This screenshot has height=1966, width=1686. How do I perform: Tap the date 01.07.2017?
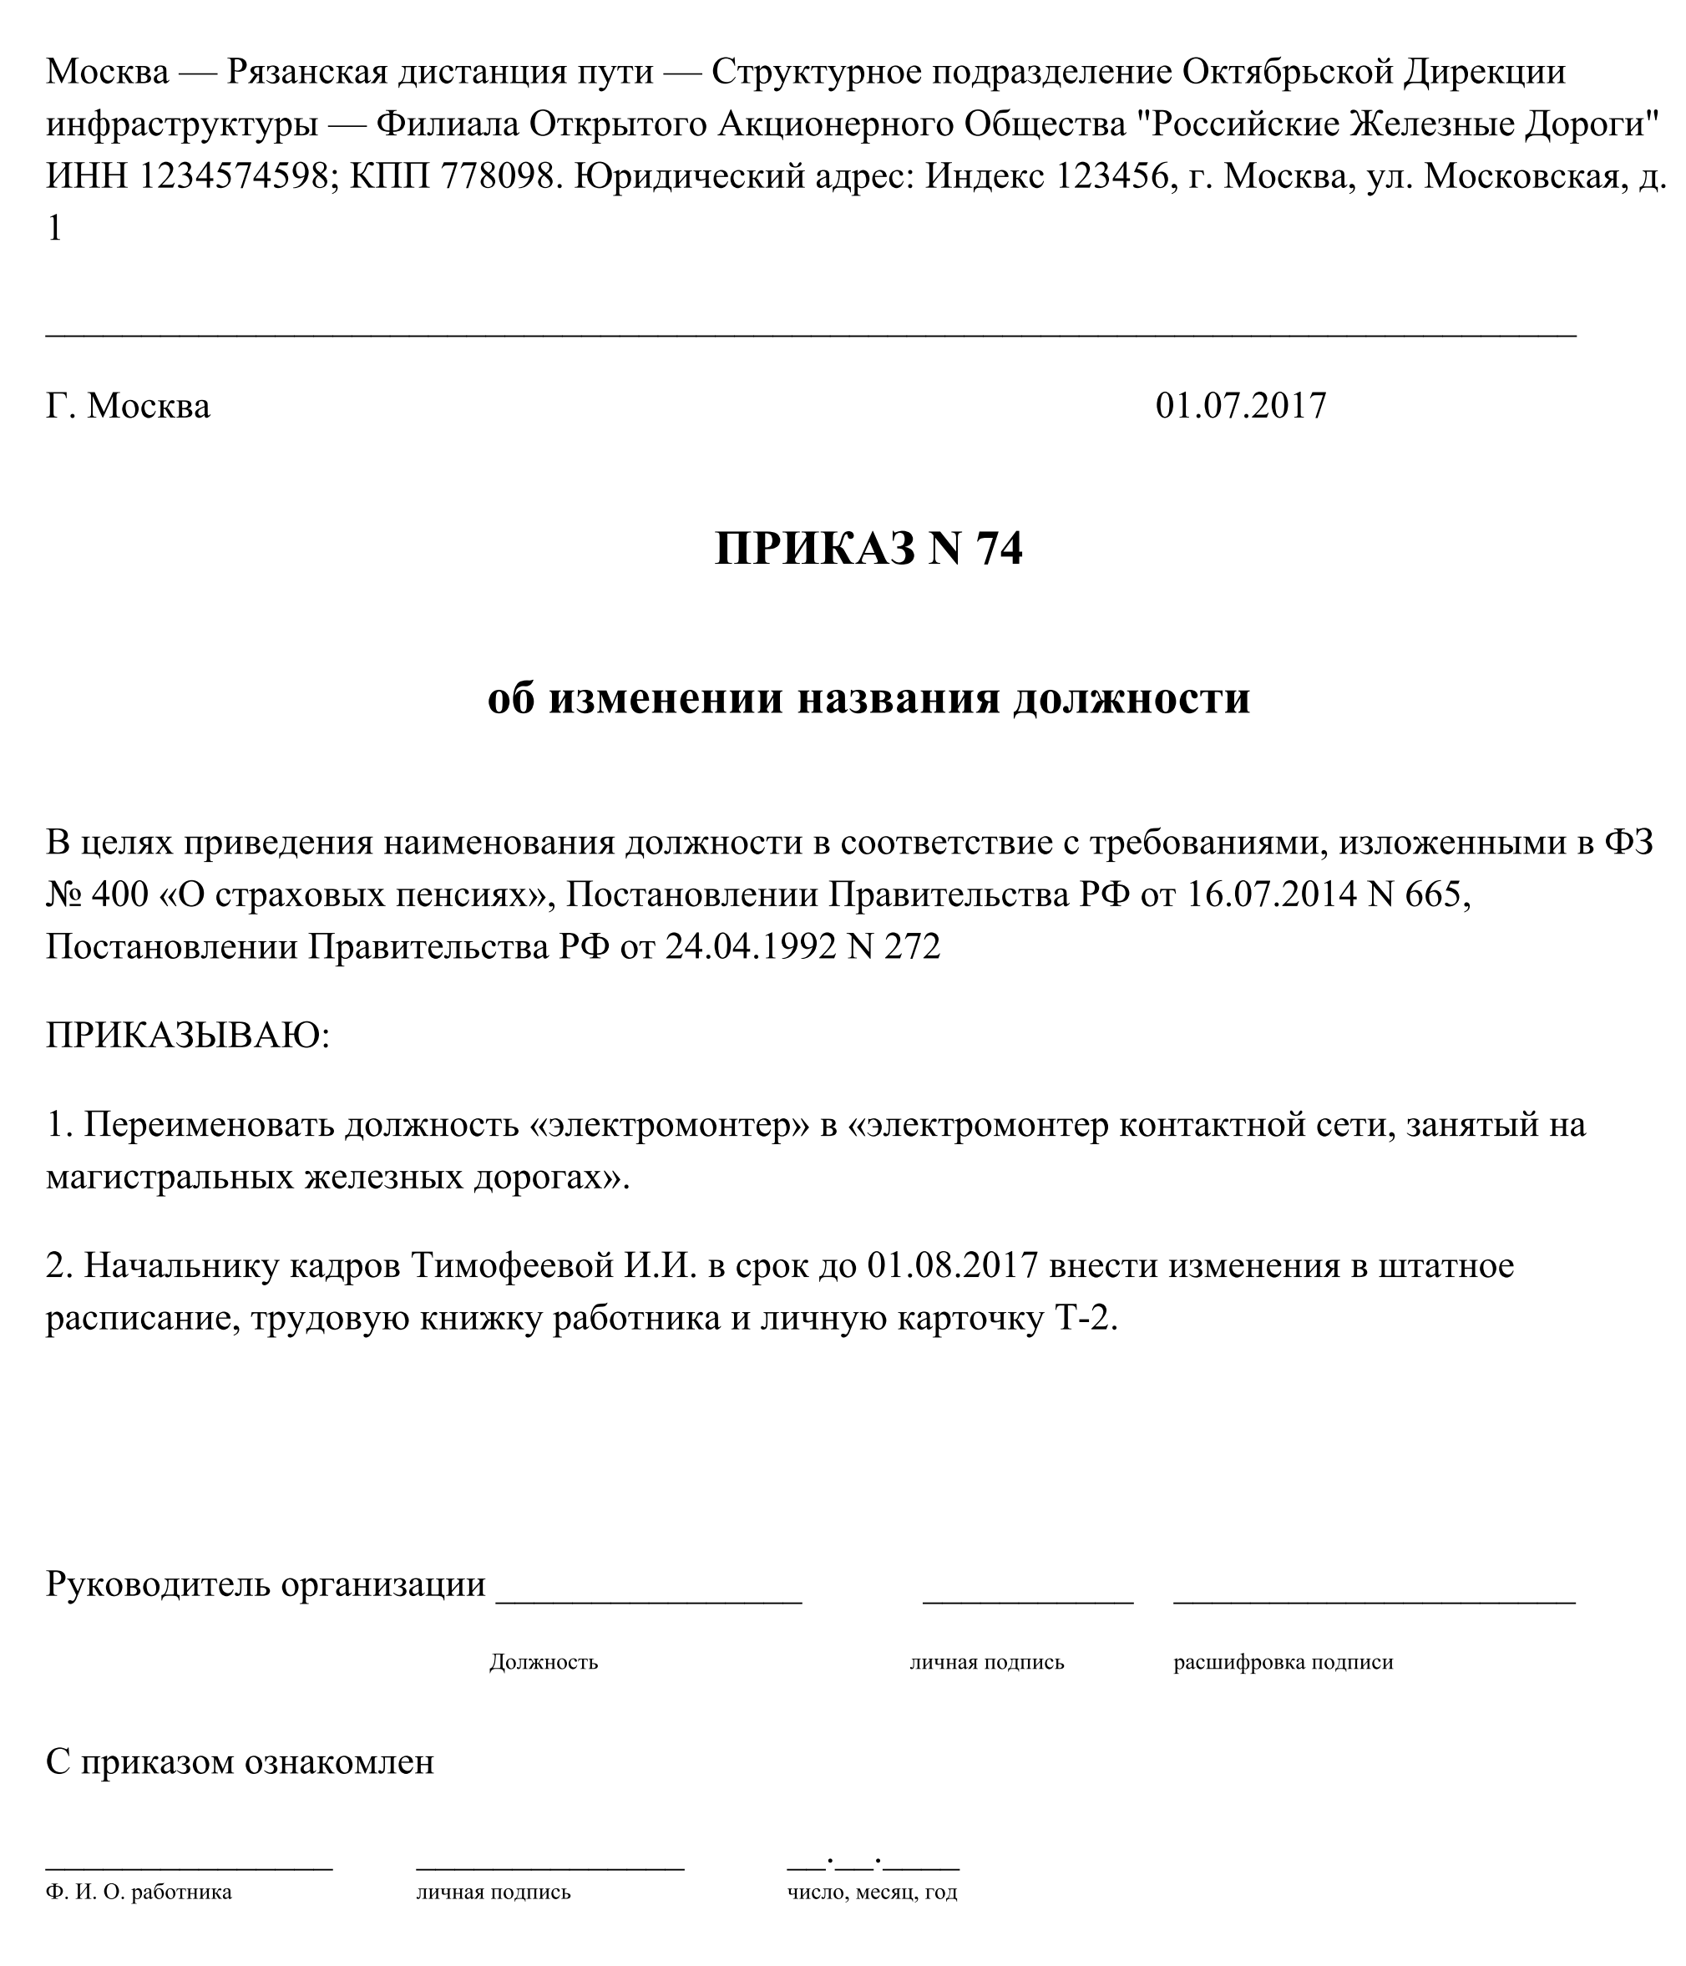tap(1240, 406)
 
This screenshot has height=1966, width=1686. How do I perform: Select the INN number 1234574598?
tap(234, 175)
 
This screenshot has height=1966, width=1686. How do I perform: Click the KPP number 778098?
tap(496, 175)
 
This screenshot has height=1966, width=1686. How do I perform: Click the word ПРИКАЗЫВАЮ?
tap(187, 1035)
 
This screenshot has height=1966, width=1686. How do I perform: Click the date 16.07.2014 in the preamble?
tap(1270, 894)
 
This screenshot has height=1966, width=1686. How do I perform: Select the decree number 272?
tap(912, 947)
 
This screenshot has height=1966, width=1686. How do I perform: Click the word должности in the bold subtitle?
tap(1131, 698)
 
